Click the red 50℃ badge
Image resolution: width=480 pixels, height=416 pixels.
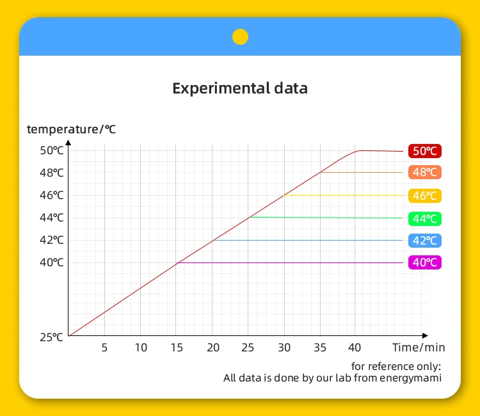pyautogui.click(x=425, y=151)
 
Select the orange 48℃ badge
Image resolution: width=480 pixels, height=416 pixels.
pyautogui.click(x=425, y=172)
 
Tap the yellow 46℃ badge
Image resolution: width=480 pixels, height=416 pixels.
pyautogui.click(x=425, y=196)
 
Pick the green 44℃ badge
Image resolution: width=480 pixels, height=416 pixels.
pyautogui.click(x=425, y=219)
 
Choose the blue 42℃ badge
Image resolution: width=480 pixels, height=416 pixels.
pyautogui.click(x=425, y=241)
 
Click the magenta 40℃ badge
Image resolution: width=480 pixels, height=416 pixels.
pyautogui.click(x=425, y=262)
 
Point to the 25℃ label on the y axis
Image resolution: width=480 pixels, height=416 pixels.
pyautogui.click(x=51, y=337)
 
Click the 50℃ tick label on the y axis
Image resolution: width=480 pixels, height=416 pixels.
pyautogui.click(x=51, y=150)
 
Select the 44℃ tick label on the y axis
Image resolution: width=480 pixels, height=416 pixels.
pyautogui.click(x=51, y=218)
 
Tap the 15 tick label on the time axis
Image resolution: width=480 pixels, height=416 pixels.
pyautogui.click(x=177, y=348)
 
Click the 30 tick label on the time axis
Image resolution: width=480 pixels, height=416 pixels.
pyautogui.click(x=284, y=348)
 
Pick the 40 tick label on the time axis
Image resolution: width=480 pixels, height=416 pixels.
pyautogui.click(x=355, y=348)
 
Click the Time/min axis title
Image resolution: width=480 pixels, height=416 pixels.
pyautogui.click(x=419, y=348)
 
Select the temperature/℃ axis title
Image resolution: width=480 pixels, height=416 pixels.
pyautogui.click(x=71, y=129)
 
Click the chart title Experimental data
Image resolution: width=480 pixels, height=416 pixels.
pyautogui.click(x=240, y=88)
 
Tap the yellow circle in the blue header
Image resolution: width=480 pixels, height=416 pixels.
pyautogui.click(x=240, y=36)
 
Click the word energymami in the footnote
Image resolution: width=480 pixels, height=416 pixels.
pyautogui.click(x=410, y=378)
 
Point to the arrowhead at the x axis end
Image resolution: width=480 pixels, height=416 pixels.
pyautogui.click(x=425, y=336)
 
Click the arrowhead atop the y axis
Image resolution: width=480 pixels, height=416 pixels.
pyautogui.click(x=68, y=142)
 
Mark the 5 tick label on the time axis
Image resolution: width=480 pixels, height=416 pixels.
pyautogui.click(x=104, y=348)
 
